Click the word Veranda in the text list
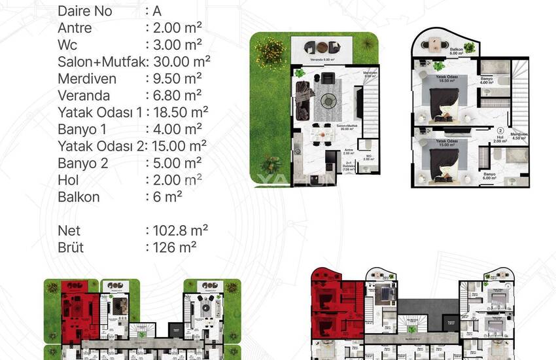[82, 96]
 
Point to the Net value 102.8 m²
[179, 230]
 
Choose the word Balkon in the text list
[79, 196]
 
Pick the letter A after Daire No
[156, 12]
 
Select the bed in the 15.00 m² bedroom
[444, 160]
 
